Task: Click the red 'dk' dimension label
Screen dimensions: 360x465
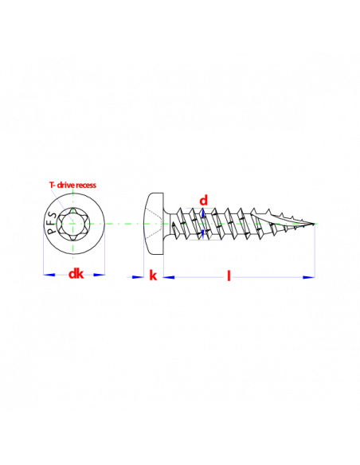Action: click(x=76, y=274)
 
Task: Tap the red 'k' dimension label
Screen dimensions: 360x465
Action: click(x=153, y=275)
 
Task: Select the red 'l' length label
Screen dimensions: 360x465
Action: click(x=229, y=275)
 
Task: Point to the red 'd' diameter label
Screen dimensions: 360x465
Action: click(x=204, y=201)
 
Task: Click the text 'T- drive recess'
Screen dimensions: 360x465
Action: click(x=72, y=185)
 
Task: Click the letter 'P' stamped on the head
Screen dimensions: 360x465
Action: click(x=51, y=231)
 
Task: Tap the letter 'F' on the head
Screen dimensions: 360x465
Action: click(x=51, y=223)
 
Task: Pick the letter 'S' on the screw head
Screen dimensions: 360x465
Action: click(x=53, y=215)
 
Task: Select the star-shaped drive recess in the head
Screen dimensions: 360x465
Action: click(x=73, y=224)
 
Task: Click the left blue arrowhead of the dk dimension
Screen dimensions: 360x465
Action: click(x=49, y=275)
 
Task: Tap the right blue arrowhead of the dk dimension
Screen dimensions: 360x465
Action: click(x=99, y=275)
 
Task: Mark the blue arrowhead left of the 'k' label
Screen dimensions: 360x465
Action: click(x=138, y=277)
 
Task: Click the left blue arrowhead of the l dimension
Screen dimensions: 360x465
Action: click(x=169, y=277)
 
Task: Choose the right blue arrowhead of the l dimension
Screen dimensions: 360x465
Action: click(x=309, y=277)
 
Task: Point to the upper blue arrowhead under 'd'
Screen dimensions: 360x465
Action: click(x=203, y=213)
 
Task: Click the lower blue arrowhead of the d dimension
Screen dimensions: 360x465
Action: click(x=203, y=233)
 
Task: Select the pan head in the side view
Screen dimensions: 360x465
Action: click(x=154, y=224)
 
